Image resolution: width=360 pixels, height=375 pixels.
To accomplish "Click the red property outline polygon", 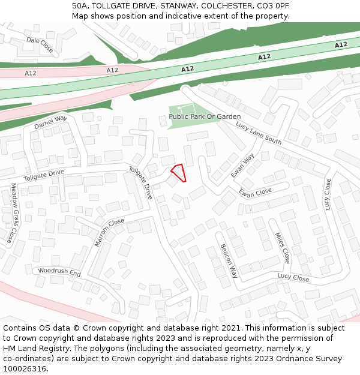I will [x=179, y=172].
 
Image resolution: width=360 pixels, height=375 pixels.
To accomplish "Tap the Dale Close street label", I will [x=40, y=44].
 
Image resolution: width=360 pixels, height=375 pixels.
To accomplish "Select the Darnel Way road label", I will [x=50, y=122].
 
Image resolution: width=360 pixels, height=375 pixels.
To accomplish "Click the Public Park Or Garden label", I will [x=205, y=116].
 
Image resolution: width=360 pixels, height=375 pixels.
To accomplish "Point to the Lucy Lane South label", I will [x=259, y=133].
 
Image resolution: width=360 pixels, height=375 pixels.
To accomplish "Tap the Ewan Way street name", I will [x=242, y=165].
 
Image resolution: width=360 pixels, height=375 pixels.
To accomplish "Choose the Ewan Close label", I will [x=255, y=193].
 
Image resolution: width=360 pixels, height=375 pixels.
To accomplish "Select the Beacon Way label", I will [x=229, y=261].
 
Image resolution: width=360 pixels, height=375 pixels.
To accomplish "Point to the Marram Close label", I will [x=109, y=232].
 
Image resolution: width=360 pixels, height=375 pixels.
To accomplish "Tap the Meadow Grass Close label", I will [x=14, y=213].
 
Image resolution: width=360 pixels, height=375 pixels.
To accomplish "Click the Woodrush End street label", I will [x=59, y=272].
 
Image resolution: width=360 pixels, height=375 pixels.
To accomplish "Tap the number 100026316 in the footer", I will [x=25, y=368].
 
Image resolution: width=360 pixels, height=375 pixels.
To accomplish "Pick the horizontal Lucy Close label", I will [x=293, y=278].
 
